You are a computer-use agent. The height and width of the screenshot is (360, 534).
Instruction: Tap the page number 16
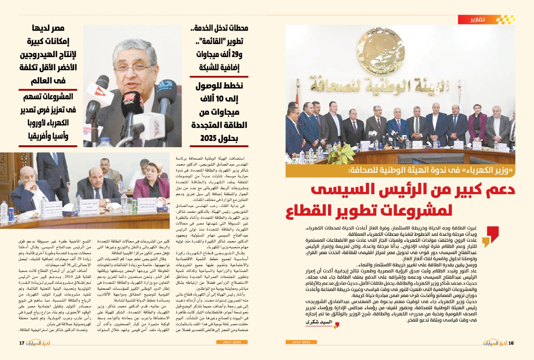pyautogui.click(x=511, y=343)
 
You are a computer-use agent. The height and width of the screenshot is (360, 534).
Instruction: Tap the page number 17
pyautogui.click(x=22, y=343)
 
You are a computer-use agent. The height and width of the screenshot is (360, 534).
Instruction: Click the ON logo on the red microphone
pyautogui.click(x=100, y=91)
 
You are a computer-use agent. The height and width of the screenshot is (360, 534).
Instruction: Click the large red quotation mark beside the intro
pyautogui.click(x=493, y=234)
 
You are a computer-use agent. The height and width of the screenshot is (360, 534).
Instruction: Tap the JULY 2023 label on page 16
pyautogui.click(x=301, y=342)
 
